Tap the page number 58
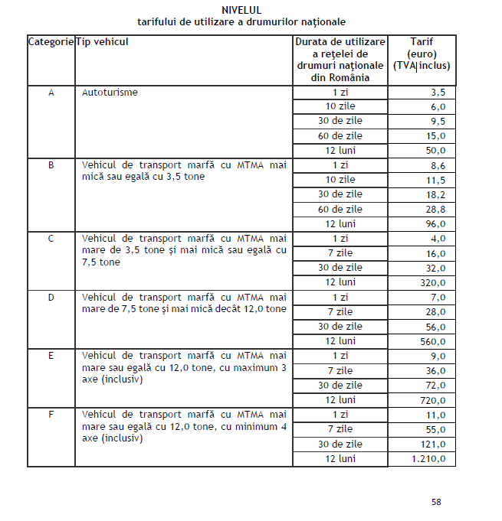[436, 502]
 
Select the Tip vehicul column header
[102, 41]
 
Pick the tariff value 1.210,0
[428, 459]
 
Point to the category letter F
[51, 415]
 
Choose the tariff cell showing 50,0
[435, 150]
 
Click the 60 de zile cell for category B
[340, 209]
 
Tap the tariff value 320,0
[431, 282]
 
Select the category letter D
[51, 297]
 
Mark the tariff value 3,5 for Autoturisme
[438, 93]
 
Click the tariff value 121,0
[431, 444]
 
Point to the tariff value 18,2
[435, 194]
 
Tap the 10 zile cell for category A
[340, 106]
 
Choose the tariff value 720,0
[431, 400]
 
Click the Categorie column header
[51, 41]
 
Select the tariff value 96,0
[435, 223]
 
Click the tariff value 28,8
[435, 209]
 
